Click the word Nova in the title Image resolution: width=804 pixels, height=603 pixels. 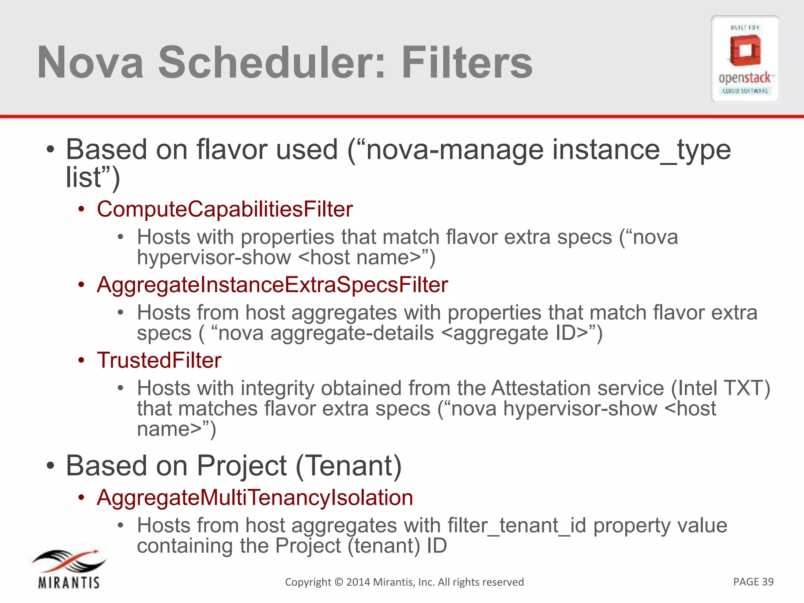tap(90, 63)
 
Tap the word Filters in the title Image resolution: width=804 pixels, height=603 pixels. tap(467, 63)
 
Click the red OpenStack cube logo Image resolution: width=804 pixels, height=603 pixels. tap(745, 51)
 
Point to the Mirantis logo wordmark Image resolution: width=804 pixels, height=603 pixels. tap(69, 582)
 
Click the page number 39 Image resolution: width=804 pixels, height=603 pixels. tap(767, 581)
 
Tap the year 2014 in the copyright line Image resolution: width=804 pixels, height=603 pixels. tap(358, 582)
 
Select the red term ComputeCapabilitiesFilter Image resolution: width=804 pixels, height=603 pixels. tap(225, 209)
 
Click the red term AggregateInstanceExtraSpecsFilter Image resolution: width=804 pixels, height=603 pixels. tap(272, 285)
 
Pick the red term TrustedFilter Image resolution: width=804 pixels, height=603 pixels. tap(159, 360)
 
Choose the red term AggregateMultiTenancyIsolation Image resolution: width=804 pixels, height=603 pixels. tap(255, 497)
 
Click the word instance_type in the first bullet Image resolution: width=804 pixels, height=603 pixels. tap(641, 150)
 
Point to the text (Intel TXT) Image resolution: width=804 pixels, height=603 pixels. tap(720, 388)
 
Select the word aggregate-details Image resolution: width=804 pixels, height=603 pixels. tap(352, 333)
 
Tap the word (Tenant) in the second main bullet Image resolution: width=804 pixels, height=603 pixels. tap(349, 466)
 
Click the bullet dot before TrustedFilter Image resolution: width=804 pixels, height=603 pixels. tap(81, 361)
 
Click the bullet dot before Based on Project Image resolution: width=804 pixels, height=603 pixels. tap(50, 466)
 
